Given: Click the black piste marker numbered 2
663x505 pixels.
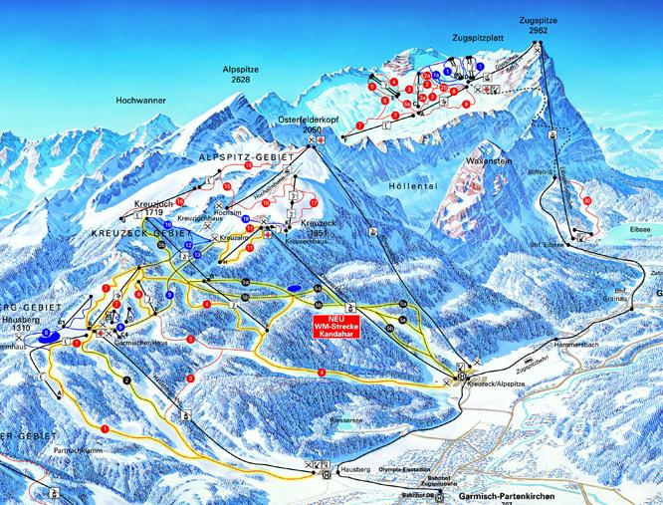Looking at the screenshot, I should point(128,380).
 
